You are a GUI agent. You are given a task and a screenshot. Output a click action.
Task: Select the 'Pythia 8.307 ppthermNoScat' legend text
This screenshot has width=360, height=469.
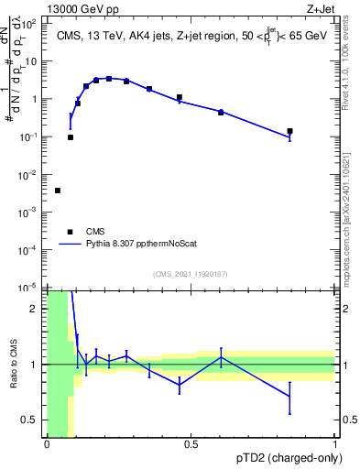point(138,245)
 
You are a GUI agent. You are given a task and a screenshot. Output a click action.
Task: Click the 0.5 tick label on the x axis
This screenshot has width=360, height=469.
point(191,445)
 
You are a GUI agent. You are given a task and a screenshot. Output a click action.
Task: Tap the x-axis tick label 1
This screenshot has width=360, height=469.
point(334,445)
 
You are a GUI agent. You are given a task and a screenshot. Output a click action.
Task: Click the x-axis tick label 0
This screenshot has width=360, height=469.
point(47,445)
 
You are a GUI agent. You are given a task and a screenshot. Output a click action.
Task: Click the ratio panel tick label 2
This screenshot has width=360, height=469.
point(38,309)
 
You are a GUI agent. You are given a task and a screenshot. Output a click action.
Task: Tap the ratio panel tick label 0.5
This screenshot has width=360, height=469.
point(34,420)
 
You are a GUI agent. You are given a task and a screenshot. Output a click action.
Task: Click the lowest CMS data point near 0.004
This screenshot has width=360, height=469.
point(58,191)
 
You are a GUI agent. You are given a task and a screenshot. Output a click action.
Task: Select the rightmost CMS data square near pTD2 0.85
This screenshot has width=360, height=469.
point(289,131)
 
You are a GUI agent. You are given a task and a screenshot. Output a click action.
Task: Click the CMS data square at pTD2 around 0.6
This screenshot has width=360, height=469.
point(221,112)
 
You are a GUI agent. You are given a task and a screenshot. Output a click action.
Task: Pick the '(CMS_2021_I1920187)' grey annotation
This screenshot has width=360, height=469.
point(191,274)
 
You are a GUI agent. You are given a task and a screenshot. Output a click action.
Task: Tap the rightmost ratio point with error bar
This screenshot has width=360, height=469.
point(289,397)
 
